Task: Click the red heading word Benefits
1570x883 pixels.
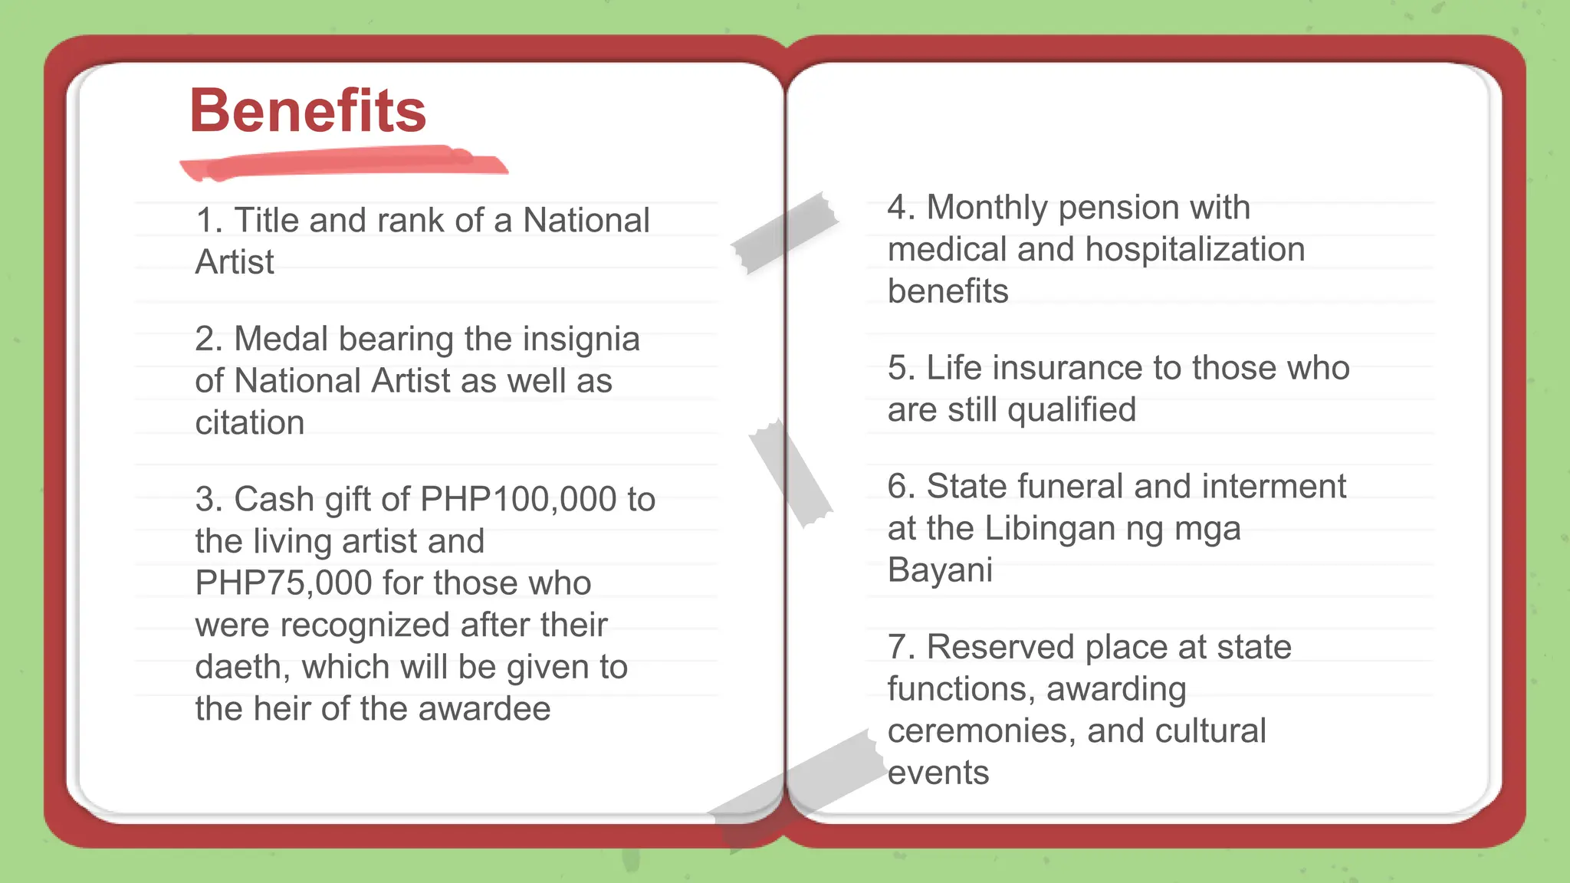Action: pyautogui.click(x=307, y=111)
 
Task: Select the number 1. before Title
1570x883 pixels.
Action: pyautogui.click(x=209, y=221)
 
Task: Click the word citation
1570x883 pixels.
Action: pyautogui.click(x=250, y=423)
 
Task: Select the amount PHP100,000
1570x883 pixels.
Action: pyautogui.click(x=518, y=500)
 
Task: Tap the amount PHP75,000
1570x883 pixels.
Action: pyautogui.click(x=284, y=583)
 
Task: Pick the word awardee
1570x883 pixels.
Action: pyautogui.click(x=484, y=709)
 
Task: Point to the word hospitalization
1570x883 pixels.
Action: pyautogui.click(x=1195, y=250)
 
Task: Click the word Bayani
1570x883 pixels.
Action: pyautogui.click(x=940, y=570)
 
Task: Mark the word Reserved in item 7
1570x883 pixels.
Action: pyautogui.click(x=1000, y=648)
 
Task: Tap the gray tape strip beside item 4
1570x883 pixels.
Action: pyautogui.click(x=784, y=232)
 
